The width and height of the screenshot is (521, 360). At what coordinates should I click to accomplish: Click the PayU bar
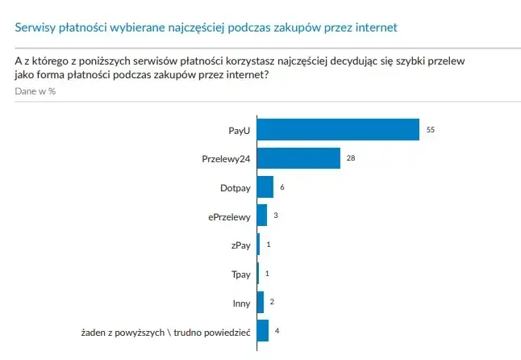pyautogui.click(x=338, y=129)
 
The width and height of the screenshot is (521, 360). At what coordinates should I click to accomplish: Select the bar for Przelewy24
pyautogui.click(x=298, y=158)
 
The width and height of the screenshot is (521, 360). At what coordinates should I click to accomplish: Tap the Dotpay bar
pyautogui.click(x=265, y=186)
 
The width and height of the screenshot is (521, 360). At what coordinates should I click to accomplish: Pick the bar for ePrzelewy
pyautogui.click(x=261, y=216)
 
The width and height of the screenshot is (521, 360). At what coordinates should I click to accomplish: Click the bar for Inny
pyautogui.click(x=260, y=302)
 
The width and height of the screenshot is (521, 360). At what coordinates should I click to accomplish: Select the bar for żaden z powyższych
pyautogui.click(x=263, y=331)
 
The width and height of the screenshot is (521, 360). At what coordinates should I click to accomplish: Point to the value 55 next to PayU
pyautogui.click(x=431, y=129)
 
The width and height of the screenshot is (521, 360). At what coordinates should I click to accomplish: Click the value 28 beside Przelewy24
pyautogui.click(x=351, y=158)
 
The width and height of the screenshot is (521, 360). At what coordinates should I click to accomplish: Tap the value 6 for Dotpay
pyautogui.click(x=282, y=186)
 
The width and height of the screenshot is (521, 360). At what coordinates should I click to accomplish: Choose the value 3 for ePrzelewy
pyautogui.click(x=275, y=216)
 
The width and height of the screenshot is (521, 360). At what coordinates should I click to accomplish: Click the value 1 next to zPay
pyautogui.click(x=268, y=245)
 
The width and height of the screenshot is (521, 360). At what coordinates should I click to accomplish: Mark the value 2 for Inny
pyautogui.click(x=272, y=302)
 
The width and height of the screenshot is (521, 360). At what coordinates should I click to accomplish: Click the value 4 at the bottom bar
pyautogui.click(x=277, y=331)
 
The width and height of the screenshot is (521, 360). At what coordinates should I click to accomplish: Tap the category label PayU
pyautogui.click(x=240, y=130)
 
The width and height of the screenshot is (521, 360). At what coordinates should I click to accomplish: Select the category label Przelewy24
pyautogui.click(x=226, y=159)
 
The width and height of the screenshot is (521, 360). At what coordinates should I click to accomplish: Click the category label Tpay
pyautogui.click(x=241, y=274)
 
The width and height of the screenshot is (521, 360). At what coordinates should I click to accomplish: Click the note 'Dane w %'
pyautogui.click(x=35, y=91)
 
